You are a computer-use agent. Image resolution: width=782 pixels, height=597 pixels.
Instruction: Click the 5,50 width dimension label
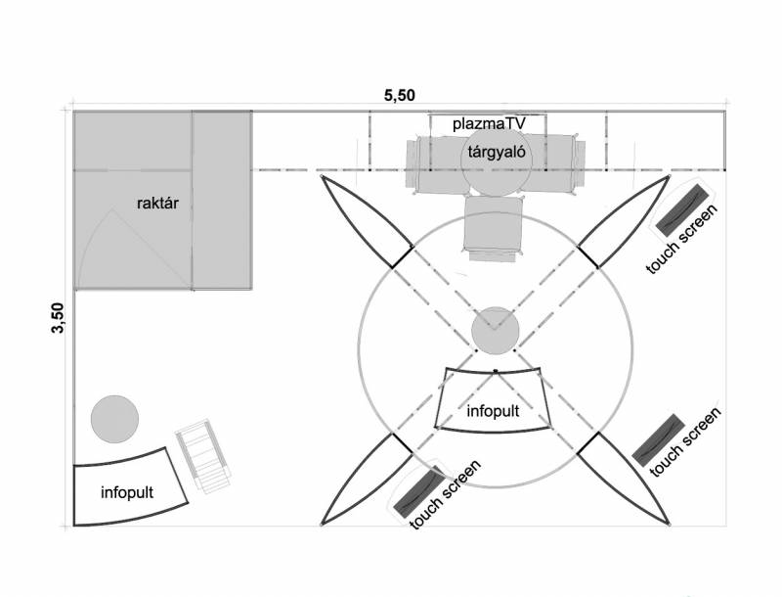[399, 95]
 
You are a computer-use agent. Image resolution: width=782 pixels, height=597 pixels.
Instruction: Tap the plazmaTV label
[488, 124]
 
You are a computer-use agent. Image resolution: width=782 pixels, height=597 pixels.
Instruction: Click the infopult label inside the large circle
[494, 410]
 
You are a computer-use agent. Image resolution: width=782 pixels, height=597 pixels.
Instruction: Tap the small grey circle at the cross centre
[494, 331]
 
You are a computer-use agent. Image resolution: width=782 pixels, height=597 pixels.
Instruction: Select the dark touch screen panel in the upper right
[685, 206]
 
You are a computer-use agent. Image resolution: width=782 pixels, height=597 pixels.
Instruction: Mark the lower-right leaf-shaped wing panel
[625, 480]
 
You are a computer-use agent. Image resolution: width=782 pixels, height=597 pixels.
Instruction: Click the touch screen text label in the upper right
[683, 240]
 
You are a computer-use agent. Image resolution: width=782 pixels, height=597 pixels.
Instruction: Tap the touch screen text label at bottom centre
[446, 495]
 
